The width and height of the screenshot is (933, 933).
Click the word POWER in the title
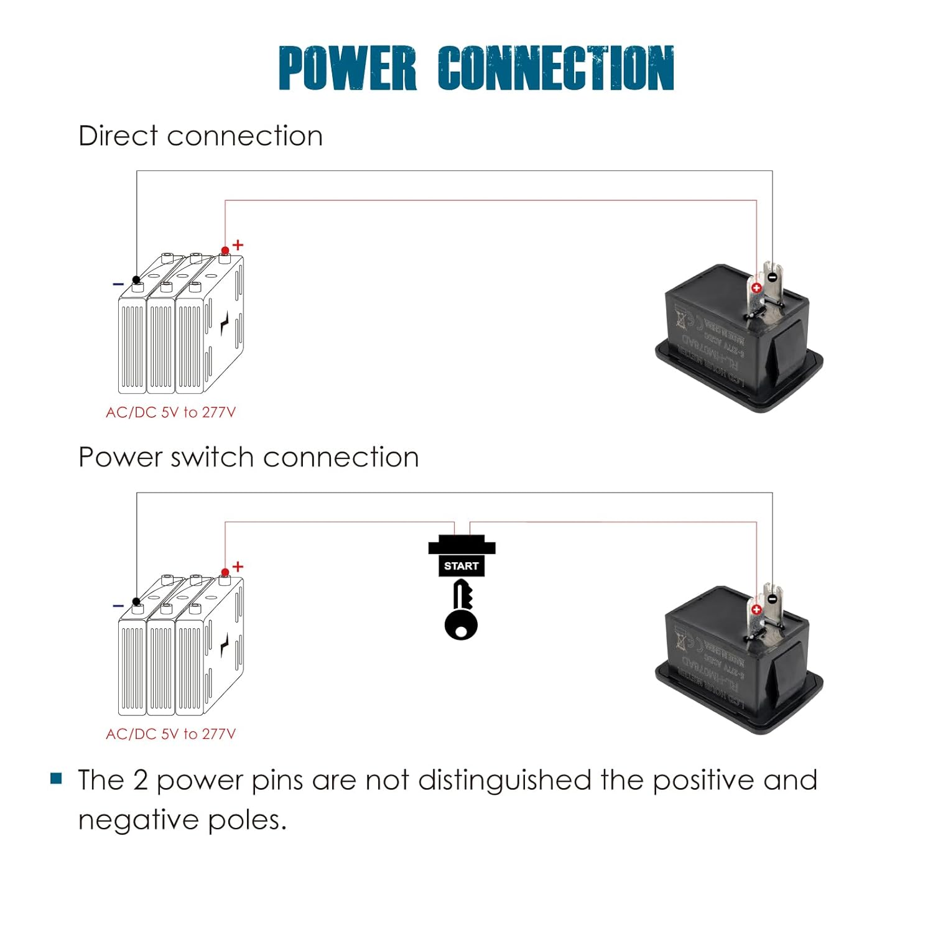[347, 68]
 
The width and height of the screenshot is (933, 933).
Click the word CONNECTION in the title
[555, 68]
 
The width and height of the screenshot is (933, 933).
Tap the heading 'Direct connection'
[200, 136]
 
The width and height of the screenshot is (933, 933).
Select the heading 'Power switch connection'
[248, 457]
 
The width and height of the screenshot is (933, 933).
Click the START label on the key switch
[461, 566]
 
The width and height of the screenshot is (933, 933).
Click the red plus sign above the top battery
[238, 245]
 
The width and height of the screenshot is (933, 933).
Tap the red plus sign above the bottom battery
[238, 567]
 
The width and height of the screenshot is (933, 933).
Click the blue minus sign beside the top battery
[118, 284]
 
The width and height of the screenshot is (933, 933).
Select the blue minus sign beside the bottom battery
[118, 605]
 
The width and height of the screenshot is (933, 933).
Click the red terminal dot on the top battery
[225, 251]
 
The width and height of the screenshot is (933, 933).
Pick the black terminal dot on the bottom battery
[136, 601]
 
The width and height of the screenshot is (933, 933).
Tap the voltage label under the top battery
[171, 412]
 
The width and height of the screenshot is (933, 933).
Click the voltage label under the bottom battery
[171, 734]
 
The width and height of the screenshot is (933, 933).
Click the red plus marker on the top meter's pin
[756, 288]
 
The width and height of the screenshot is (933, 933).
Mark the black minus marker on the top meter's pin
[772, 277]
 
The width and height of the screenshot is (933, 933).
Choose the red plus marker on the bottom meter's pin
[756, 610]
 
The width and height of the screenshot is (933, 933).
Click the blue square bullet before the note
[57, 779]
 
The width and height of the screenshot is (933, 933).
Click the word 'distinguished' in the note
[504, 780]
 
